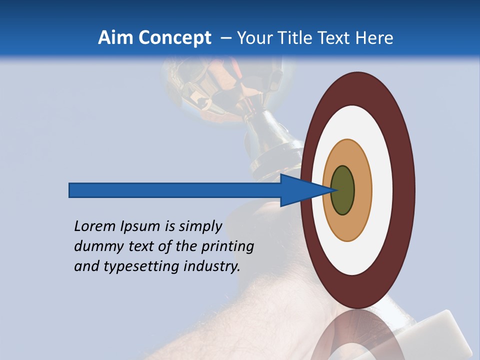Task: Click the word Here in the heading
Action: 374,38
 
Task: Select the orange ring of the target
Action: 362,190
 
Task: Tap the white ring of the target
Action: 382,190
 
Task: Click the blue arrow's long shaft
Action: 175,190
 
